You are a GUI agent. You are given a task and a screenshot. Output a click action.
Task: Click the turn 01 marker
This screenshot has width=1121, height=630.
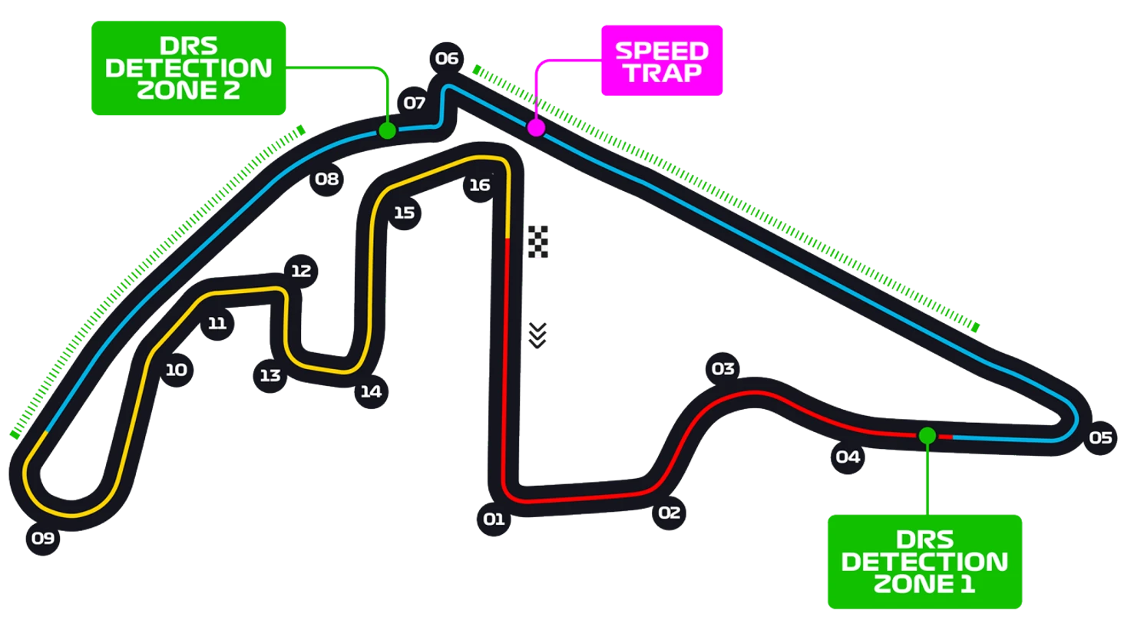(494, 520)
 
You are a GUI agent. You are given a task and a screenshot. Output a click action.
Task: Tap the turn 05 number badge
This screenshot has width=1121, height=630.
(1100, 438)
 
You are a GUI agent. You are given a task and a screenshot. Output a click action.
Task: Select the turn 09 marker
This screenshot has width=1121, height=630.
(43, 539)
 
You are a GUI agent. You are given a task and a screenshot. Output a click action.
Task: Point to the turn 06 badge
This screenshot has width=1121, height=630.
(447, 59)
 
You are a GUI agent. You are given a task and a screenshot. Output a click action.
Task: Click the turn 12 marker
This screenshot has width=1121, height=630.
(301, 271)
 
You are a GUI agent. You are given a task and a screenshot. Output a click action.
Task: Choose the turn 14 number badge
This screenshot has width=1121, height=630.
(372, 391)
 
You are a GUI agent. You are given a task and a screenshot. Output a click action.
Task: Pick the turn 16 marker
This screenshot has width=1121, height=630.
(480, 186)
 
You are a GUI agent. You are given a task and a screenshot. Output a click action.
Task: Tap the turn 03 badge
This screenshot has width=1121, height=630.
(723, 369)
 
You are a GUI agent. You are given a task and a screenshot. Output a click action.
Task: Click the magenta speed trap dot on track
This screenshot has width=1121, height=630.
(536, 127)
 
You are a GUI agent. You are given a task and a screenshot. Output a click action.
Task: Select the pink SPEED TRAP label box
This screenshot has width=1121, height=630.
(662, 61)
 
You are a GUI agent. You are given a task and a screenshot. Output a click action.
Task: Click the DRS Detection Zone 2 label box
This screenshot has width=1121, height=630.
(189, 68)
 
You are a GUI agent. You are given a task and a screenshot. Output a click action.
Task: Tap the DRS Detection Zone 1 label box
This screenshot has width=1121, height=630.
(924, 562)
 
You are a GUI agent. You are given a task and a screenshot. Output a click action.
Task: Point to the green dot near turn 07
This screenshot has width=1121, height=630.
(387, 131)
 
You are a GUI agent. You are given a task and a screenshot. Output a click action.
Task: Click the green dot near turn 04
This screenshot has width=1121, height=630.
(928, 436)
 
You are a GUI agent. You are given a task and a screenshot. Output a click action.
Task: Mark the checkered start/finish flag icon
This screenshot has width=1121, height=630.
(538, 242)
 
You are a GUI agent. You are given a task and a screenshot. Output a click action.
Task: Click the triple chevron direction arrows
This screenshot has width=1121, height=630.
(537, 335)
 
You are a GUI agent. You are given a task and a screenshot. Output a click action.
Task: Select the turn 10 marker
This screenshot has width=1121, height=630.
(176, 370)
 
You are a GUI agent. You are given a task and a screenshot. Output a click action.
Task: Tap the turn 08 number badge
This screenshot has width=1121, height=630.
(327, 179)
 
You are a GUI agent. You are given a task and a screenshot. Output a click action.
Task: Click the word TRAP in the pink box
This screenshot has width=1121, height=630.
(663, 73)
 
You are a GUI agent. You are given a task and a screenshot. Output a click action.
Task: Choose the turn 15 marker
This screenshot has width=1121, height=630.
(405, 213)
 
